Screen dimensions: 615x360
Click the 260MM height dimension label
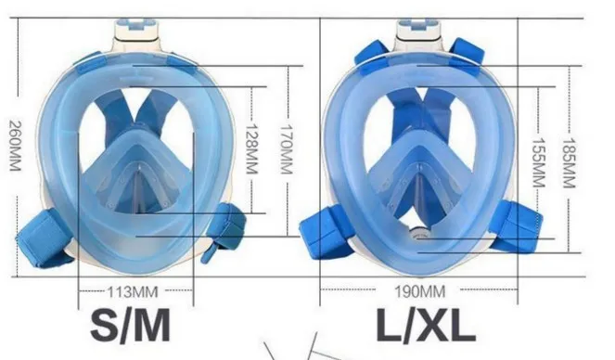click(15, 146)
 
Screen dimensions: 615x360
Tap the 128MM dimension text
click(251, 149)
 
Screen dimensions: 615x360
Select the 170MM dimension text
click(287, 149)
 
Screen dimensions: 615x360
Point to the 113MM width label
click(133, 292)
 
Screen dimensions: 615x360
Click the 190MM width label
click(419, 291)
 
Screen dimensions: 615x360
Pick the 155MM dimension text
click(539, 162)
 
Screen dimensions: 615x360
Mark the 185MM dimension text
click(570, 163)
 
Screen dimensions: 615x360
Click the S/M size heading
click(131, 325)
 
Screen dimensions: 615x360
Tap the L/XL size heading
click(426, 325)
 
